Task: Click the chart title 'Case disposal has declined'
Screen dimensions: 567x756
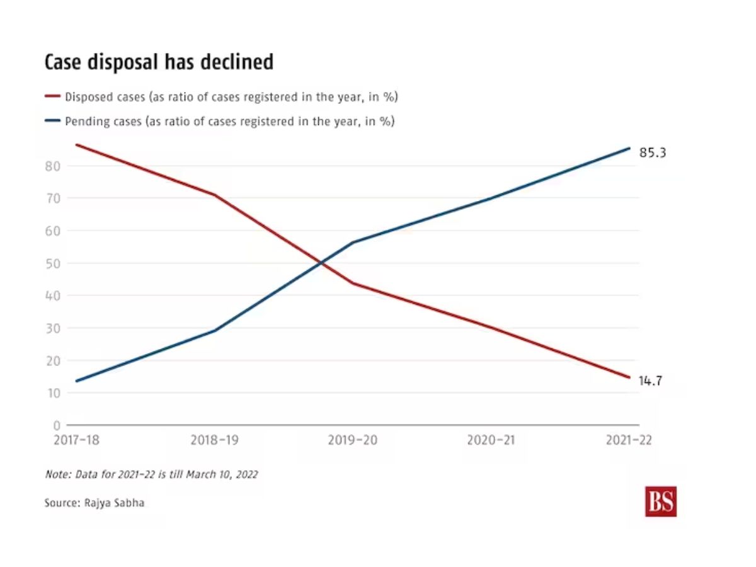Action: (159, 62)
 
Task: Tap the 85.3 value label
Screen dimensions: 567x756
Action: (653, 152)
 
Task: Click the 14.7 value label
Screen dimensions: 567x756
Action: (650, 381)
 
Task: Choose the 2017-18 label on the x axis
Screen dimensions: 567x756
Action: (76, 440)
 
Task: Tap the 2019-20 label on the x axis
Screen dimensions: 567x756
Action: (353, 440)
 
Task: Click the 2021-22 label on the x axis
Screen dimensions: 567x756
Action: (629, 440)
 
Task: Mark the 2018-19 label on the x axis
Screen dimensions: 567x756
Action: (214, 440)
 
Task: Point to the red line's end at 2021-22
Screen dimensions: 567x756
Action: (629, 377)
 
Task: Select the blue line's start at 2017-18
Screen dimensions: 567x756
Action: (76, 381)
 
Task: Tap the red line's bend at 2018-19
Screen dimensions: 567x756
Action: (214, 195)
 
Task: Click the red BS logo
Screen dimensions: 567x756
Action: (660, 501)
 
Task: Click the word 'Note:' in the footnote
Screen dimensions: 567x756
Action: (59, 474)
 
